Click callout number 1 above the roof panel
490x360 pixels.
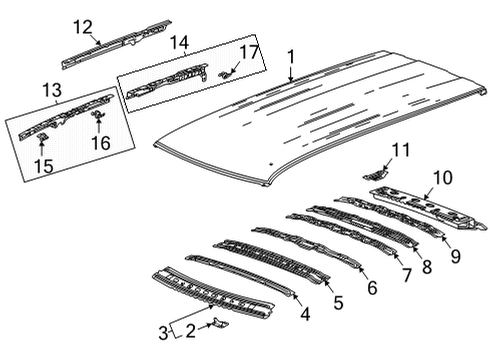pyautogui.click(x=291, y=58)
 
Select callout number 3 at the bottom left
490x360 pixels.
pyautogui.click(x=164, y=333)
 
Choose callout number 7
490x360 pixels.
pyautogui.click(x=406, y=274)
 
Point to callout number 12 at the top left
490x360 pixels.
pyautogui.click(x=82, y=26)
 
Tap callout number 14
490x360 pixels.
pyautogui.click(x=179, y=42)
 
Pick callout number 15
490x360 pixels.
pyautogui.click(x=43, y=165)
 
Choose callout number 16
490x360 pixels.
pyautogui.click(x=100, y=144)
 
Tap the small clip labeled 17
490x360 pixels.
pyautogui.click(x=226, y=71)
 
